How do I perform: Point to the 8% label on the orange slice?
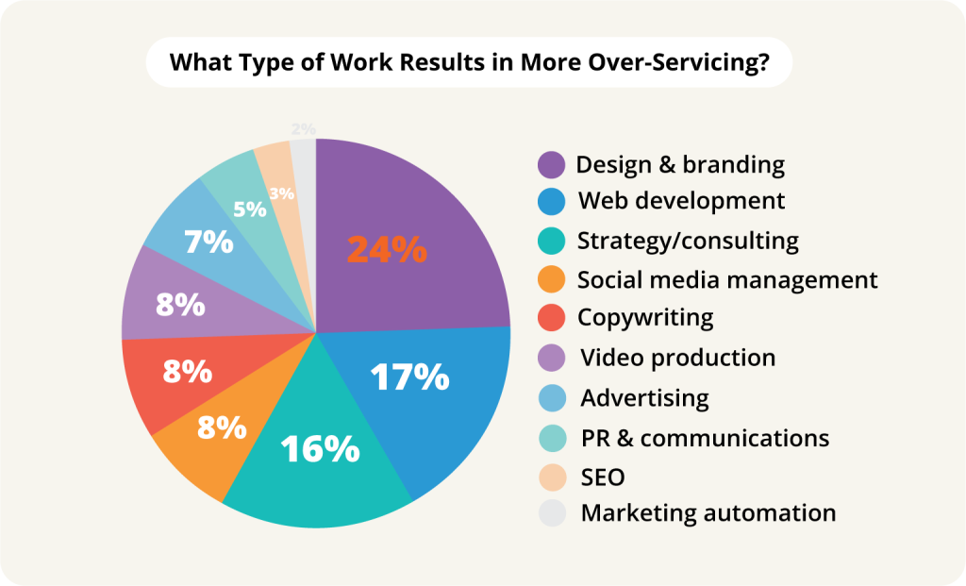tap(221, 427)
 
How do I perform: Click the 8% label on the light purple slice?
tap(180, 304)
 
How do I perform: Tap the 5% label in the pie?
tap(249, 209)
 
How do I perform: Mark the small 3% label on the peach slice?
tap(281, 193)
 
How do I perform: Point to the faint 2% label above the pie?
tap(303, 128)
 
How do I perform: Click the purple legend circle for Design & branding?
tap(552, 165)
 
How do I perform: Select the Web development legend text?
tap(680, 201)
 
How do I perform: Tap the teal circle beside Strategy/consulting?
tap(552, 241)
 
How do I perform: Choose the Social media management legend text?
tap(727, 280)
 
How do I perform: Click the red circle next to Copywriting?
tap(552, 318)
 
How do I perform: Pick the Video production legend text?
tap(677, 358)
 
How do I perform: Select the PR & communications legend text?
tap(705, 438)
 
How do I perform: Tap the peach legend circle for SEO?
tap(552, 477)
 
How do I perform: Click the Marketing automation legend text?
tap(708, 513)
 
